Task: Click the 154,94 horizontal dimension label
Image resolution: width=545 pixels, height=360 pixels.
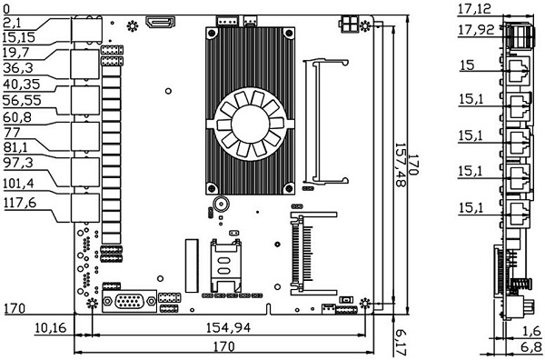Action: (228, 327)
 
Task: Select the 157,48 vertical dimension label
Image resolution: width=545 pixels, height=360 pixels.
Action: (401, 165)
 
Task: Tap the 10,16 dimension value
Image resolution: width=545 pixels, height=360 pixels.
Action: (50, 327)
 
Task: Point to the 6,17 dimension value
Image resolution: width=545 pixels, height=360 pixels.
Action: (401, 343)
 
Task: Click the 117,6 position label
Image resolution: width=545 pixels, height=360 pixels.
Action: (20, 203)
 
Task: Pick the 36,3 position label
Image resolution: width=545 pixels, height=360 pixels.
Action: (18, 68)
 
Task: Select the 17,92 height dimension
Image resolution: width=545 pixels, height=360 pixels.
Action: (476, 30)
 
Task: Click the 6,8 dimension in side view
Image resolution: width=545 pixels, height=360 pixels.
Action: (531, 346)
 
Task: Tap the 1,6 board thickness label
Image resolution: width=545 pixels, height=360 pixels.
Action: (532, 331)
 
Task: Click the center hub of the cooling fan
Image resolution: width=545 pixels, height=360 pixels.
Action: (250, 124)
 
